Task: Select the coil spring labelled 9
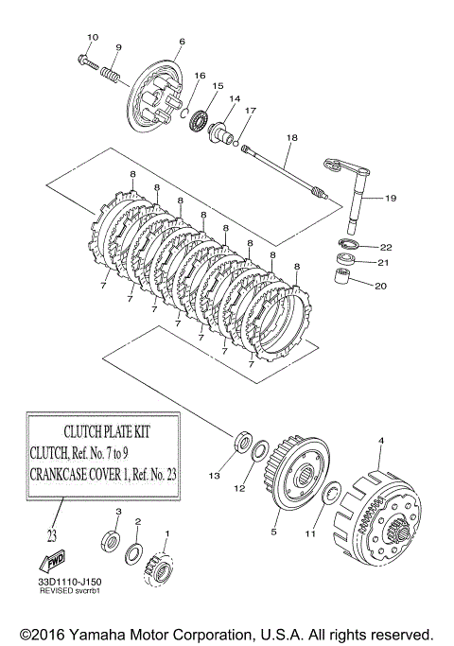pos(110,74)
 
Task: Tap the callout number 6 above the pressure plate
pos(183,42)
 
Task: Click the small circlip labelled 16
pos(185,112)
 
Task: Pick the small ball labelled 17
pos(236,144)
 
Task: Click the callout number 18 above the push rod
pos(291,137)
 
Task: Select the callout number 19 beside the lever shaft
pos(391,199)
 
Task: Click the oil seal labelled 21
pos(345,259)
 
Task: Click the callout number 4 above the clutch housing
pos(381,441)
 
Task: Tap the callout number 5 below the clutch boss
pos(273,533)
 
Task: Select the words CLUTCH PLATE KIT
pos(107,431)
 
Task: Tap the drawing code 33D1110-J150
pos(70,582)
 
